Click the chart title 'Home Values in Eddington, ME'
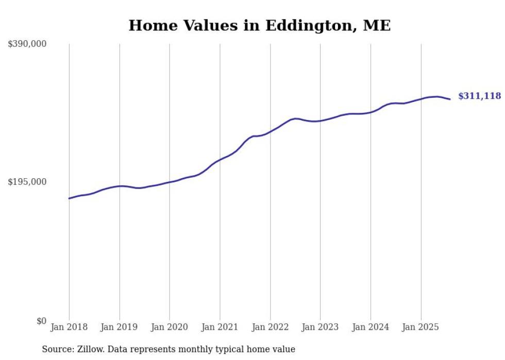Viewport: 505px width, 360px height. [x=259, y=25]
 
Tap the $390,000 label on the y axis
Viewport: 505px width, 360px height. [x=27, y=44]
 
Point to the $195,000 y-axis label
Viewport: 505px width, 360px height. [x=27, y=182]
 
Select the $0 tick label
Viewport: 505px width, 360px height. [x=41, y=321]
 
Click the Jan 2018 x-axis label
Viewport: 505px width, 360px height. [x=69, y=327]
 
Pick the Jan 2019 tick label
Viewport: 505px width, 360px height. [x=120, y=327]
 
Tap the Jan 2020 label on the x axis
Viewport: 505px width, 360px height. [x=170, y=327]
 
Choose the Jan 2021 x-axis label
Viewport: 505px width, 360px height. [x=220, y=327]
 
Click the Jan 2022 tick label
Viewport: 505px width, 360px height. [x=270, y=327]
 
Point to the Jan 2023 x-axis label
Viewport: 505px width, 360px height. [x=320, y=327]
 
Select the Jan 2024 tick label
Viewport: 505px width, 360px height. [x=371, y=327]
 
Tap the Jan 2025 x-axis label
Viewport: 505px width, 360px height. [x=420, y=327]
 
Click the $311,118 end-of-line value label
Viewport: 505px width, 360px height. [x=479, y=96]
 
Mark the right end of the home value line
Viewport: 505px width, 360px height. [x=450, y=99]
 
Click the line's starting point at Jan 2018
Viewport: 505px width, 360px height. [x=69, y=198]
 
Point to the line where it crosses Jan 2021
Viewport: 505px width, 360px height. [x=220, y=159]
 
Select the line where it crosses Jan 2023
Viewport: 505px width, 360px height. [x=320, y=121]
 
